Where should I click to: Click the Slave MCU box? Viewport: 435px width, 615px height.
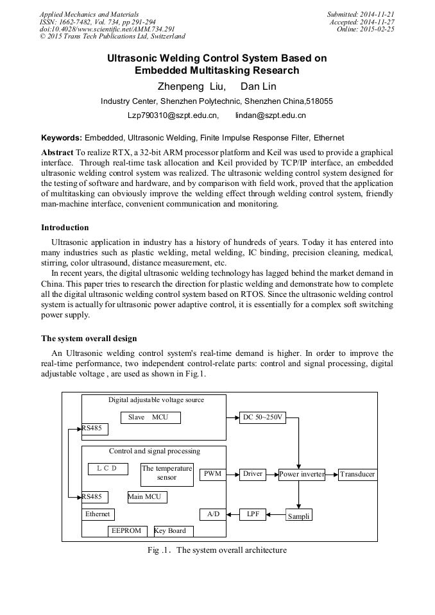151,417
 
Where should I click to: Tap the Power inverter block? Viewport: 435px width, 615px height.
301,475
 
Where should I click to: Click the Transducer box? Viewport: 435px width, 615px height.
357,475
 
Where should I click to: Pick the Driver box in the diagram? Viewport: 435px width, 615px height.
253,474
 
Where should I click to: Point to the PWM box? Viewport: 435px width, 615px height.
212,475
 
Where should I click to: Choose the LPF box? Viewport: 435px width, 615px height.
253,514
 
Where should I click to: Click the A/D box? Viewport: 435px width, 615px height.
212,514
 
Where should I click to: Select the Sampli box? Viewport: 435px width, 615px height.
298,515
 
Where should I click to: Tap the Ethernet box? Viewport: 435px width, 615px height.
98,514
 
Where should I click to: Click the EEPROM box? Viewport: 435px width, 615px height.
127,531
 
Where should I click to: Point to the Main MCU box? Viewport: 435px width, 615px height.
147,497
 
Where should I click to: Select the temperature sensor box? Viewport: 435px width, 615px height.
167,475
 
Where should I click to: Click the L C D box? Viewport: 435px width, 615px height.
108,469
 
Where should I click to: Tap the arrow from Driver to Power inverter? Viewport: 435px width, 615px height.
272,475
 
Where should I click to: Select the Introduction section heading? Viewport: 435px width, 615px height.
65,228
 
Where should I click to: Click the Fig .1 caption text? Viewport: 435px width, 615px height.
217,550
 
